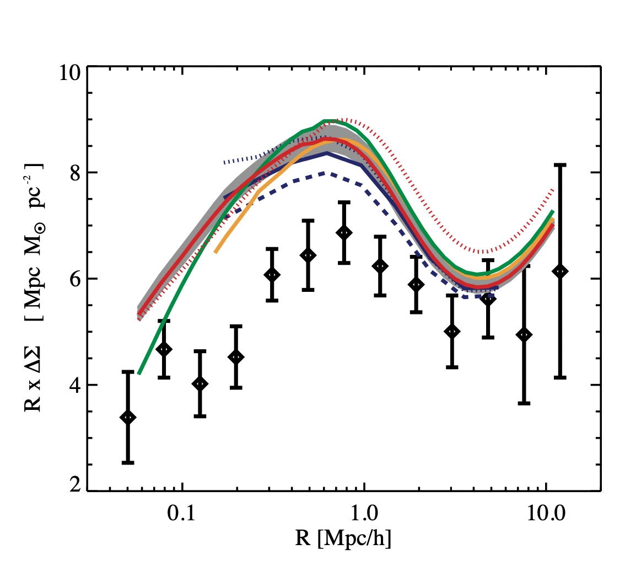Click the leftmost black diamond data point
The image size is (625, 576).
(128, 418)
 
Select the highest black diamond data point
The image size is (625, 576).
(344, 233)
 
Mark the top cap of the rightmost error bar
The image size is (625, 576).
(561, 165)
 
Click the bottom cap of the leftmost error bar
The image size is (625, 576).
(128, 462)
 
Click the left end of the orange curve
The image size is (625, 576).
(215, 252)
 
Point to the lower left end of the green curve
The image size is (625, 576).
(139, 374)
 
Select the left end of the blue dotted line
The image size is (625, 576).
(224, 163)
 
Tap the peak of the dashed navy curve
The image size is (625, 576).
(328, 173)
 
